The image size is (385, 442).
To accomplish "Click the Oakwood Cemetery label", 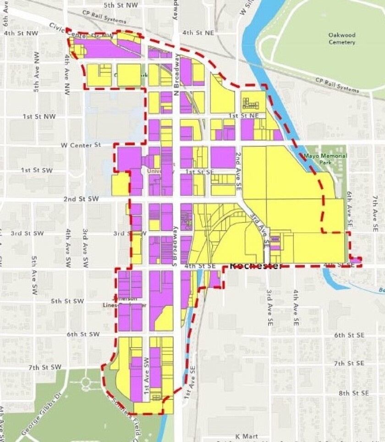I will click(x=341, y=39).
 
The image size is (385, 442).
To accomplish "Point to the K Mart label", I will click(x=247, y=436).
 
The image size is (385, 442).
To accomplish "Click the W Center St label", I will click(x=81, y=145).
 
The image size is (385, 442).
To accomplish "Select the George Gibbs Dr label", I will click(x=39, y=412).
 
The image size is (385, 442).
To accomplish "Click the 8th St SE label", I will click(x=354, y=393).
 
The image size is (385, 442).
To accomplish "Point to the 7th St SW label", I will click(x=44, y=367).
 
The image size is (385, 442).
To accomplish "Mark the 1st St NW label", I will click(x=39, y=117).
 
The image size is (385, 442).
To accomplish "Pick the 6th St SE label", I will click(x=349, y=335).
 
